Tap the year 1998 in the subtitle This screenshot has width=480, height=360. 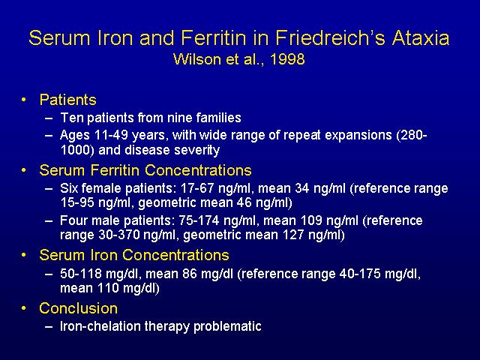(x=288, y=59)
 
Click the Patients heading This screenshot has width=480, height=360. (x=68, y=100)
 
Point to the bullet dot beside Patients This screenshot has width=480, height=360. (x=23, y=100)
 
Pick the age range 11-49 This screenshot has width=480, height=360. (x=111, y=135)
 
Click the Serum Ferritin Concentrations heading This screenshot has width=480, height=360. (x=145, y=170)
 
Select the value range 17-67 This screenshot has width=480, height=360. (x=197, y=188)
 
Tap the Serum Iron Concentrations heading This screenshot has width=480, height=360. (x=134, y=255)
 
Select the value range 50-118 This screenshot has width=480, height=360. (x=81, y=273)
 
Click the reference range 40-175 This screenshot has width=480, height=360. (x=360, y=273)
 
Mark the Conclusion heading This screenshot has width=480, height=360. (x=78, y=308)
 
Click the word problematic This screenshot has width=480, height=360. (x=227, y=326)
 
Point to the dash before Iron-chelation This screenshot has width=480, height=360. (x=49, y=326)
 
